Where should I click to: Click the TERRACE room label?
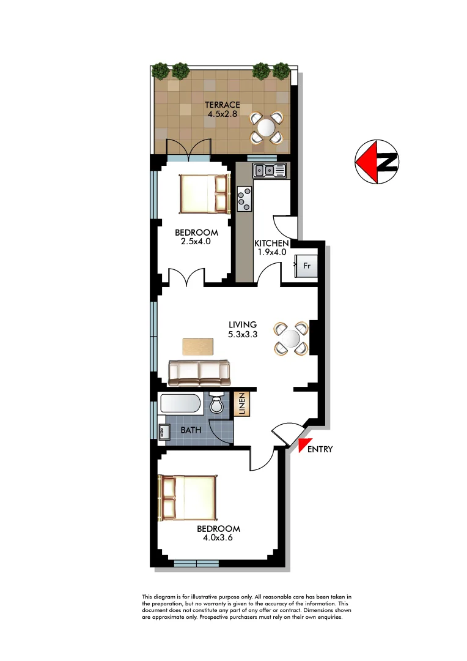(x=222, y=104)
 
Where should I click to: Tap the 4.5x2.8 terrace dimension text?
(x=222, y=113)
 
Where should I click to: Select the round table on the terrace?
(x=267, y=127)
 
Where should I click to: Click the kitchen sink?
(x=270, y=170)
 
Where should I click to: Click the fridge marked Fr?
(x=306, y=266)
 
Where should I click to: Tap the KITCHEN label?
(x=271, y=243)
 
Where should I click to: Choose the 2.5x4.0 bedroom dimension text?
(x=196, y=241)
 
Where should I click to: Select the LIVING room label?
(x=243, y=324)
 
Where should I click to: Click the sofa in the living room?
(x=199, y=372)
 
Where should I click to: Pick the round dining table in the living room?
(x=290, y=338)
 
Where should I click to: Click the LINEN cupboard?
(x=241, y=404)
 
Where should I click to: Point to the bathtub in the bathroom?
(x=179, y=404)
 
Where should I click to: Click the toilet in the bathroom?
(x=216, y=404)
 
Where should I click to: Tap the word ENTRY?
(x=320, y=449)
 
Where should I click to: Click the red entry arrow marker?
(x=304, y=445)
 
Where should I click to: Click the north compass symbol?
(x=377, y=162)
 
